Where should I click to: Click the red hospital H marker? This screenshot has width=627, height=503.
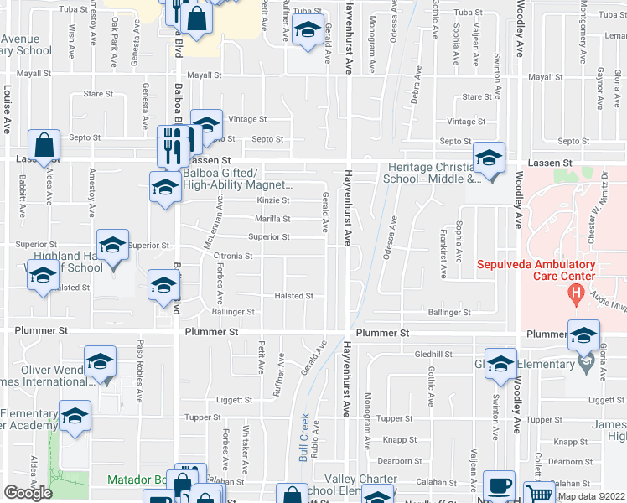click(575, 293)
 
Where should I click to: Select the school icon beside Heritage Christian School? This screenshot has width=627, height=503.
click(488, 158)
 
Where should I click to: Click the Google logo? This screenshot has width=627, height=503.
click(28, 493)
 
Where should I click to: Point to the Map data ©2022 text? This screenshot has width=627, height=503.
click(592, 496)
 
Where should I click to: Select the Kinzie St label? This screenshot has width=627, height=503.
click(272, 200)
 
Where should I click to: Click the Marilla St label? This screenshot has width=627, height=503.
click(272, 219)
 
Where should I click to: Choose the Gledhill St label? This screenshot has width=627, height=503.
click(434, 355)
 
